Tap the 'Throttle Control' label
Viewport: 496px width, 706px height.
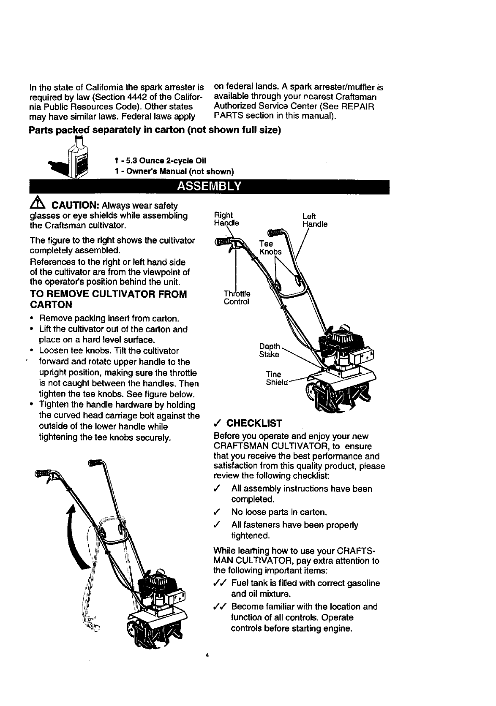coord(237,298)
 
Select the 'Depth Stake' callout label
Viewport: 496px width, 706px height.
coord(269,350)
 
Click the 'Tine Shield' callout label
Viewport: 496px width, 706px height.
coord(276,378)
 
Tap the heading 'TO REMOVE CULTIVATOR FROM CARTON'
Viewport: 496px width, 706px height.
coord(108,299)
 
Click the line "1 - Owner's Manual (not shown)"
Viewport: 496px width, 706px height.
coord(174,171)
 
